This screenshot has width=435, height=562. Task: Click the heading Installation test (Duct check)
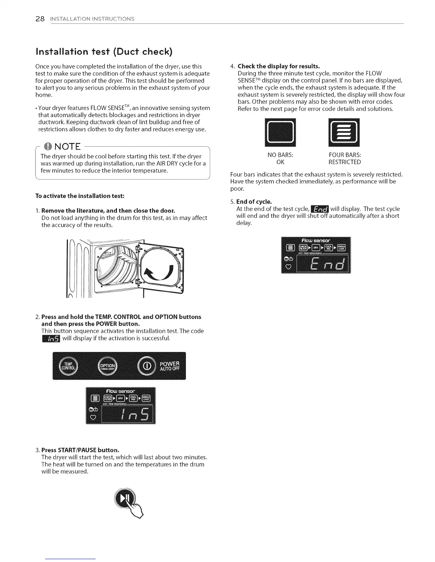click(x=104, y=51)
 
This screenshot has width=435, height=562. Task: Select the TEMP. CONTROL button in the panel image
click(x=68, y=366)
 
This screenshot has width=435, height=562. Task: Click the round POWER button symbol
click(x=149, y=366)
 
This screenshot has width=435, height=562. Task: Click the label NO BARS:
click(x=280, y=155)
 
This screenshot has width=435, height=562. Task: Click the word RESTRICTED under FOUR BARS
click(x=344, y=162)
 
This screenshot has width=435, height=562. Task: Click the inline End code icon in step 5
click(x=320, y=209)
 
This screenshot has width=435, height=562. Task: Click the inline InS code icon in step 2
click(x=51, y=338)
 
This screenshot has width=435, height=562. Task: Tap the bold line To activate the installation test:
click(x=80, y=196)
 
